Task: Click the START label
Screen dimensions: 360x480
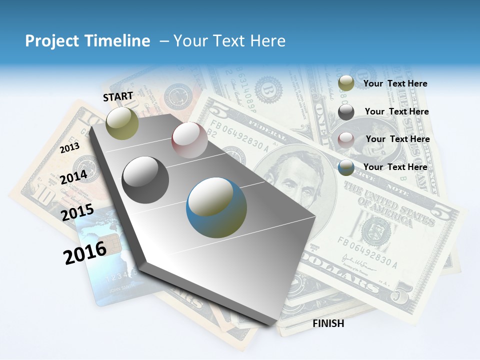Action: (118, 96)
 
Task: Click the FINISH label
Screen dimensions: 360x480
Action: (328, 323)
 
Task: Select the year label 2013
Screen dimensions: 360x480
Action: (69, 148)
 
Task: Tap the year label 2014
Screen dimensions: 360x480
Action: (73, 176)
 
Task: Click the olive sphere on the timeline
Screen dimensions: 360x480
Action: (122, 123)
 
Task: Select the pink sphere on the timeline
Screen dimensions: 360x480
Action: (189, 140)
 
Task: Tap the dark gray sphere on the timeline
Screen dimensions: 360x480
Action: (145, 180)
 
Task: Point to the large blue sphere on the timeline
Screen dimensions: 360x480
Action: (216, 207)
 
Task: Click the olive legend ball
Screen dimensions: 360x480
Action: (346, 83)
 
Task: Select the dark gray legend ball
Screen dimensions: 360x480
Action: (346, 112)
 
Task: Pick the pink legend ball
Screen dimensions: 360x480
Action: (346, 140)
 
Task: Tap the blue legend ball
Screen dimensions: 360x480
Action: (346, 168)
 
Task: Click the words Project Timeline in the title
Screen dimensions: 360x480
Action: (87, 41)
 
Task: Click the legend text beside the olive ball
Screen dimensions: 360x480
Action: (395, 83)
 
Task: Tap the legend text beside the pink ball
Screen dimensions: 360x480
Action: (397, 139)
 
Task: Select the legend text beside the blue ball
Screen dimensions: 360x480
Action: (395, 167)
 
